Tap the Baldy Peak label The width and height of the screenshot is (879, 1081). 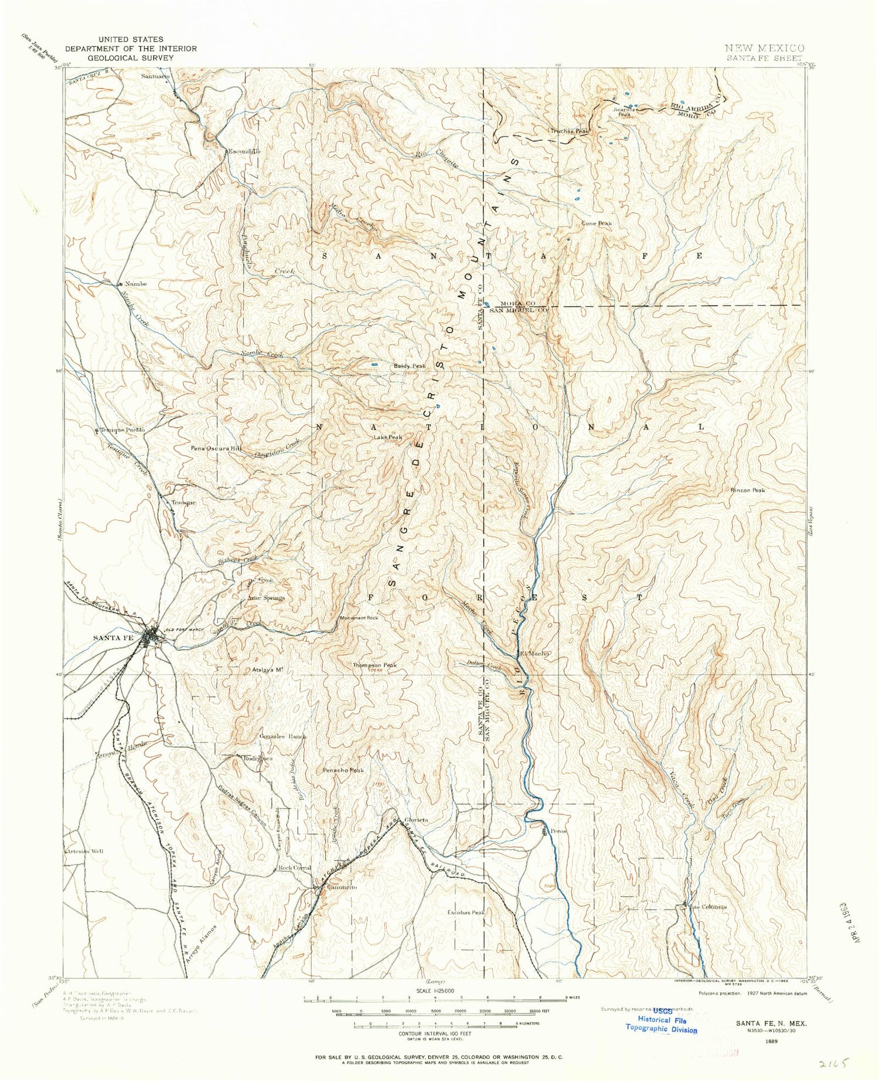pos(410,367)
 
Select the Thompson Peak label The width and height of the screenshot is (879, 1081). pos(374,665)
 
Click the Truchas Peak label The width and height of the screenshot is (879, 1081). pos(569,131)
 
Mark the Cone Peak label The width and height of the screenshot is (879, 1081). pos(597,223)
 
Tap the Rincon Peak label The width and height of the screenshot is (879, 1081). pos(747,490)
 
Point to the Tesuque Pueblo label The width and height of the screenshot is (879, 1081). pos(122,430)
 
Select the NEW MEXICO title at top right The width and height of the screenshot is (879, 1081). pos(764,48)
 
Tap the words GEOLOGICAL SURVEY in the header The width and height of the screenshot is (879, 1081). pos(131,57)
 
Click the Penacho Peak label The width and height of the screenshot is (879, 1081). pos(343,770)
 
